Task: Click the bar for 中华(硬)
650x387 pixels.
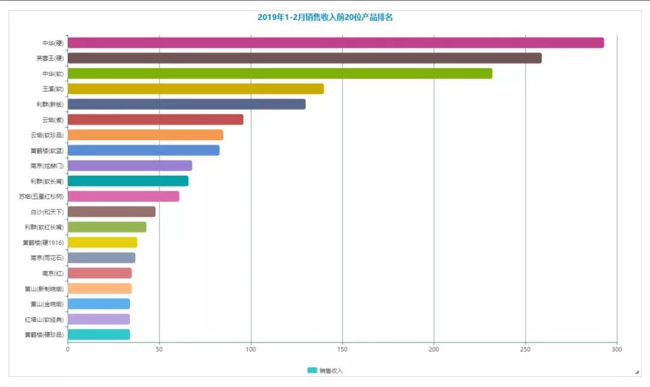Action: pos(335,43)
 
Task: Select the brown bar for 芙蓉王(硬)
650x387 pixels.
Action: pos(305,58)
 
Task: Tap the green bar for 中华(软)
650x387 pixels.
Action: pos(280,73)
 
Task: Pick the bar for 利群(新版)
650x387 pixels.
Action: pos(187,104)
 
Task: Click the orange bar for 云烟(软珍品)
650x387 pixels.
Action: pos(145,135)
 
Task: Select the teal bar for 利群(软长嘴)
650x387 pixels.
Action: pos(128,181)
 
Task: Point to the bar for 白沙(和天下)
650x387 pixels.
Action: pos(111,212)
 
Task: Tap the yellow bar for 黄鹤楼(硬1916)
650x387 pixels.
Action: pos(102,243)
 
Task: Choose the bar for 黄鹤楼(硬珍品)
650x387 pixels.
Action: pos(99,335)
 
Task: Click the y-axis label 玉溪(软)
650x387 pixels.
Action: pos(52,89)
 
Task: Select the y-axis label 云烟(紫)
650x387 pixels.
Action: pos(52,120)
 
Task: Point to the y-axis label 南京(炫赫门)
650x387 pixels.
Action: pos(47,166)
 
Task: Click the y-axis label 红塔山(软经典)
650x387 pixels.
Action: pos(44,320)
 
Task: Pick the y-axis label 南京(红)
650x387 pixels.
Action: pos(52,273)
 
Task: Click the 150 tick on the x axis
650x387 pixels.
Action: pos(342,349)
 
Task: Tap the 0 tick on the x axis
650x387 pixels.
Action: pos(67,349)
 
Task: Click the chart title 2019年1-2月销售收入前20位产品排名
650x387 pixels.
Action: pos(325,17)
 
